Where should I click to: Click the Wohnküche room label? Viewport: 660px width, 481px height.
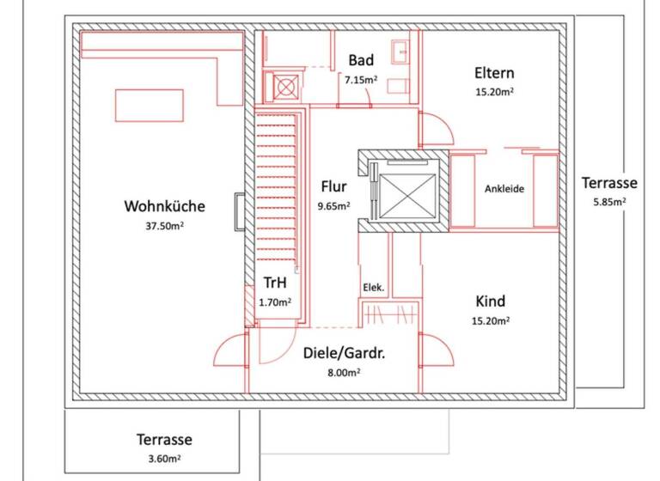(x=164, y=206)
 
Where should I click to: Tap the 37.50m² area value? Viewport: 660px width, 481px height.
(x=164, y=227)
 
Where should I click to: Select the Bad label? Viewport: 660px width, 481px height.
(x=361, y=60)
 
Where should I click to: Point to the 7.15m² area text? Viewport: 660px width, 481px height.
(x=361, y=80)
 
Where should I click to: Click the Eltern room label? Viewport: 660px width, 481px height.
(x=493, y=72)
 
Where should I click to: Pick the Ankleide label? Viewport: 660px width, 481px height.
(x=504, y=189)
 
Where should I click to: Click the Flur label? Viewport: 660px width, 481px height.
(x=333, y=186)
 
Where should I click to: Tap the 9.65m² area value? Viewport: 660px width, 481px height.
(x=333, y=206)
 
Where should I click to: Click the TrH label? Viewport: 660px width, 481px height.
(x=275, y=283)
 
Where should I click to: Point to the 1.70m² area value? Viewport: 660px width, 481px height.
(x=275, y=301)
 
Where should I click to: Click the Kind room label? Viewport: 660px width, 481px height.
(x=491, y=301)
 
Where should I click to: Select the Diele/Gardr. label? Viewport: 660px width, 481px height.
(x=343, y=352)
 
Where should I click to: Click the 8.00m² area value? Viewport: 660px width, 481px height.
(x=343, y=372)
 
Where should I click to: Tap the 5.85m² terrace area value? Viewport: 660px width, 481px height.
(x=608, y=203)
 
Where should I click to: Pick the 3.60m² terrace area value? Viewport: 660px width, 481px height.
(x=163, y=460)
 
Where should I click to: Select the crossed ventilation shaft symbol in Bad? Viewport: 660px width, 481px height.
(x=284, y=84)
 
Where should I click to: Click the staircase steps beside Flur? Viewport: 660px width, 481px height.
(x=277, y=189)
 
